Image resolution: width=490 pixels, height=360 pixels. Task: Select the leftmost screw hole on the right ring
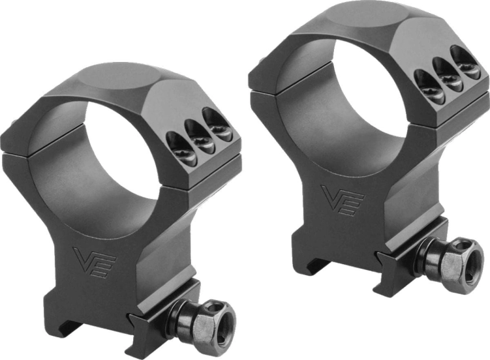pos(427,83)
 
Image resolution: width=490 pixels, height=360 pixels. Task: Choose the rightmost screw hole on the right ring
pos(465,62)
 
